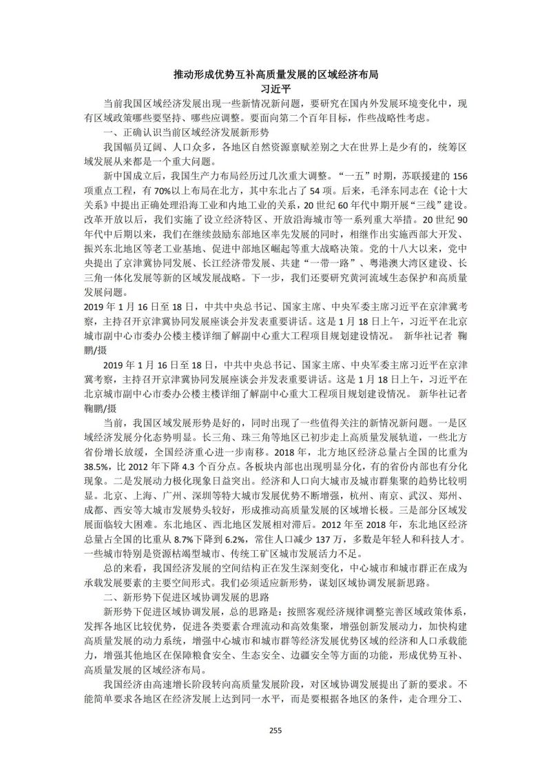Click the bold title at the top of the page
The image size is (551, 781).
275,74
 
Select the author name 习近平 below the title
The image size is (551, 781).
275,88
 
